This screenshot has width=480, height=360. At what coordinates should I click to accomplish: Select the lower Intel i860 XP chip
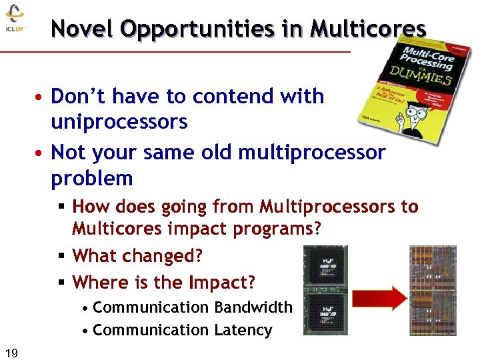325,313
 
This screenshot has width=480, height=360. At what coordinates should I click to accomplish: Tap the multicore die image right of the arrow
433,291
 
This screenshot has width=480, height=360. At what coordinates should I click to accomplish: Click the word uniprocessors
119,123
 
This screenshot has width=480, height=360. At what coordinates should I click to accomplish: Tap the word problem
92,179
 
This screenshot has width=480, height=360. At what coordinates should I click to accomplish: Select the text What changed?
137,255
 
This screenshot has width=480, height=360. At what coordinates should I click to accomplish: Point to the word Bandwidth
253,307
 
